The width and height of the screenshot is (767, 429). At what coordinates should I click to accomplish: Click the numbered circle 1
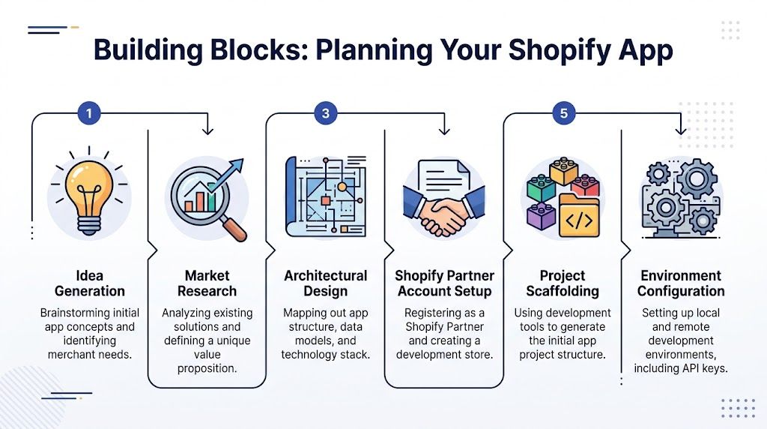(89, 114)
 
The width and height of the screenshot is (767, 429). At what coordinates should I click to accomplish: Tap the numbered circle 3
(325, 114)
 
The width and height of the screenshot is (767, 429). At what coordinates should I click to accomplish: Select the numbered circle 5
(563, 114)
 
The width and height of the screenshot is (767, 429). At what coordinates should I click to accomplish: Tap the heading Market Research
(207, 283)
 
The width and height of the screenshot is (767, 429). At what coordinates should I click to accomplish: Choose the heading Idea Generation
(89, 283)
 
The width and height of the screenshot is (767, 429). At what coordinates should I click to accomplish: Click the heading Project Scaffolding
(563, 283)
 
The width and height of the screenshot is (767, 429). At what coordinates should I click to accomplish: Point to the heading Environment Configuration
(681, 283)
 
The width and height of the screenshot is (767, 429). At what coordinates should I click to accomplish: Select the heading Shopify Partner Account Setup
(444, 283)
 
